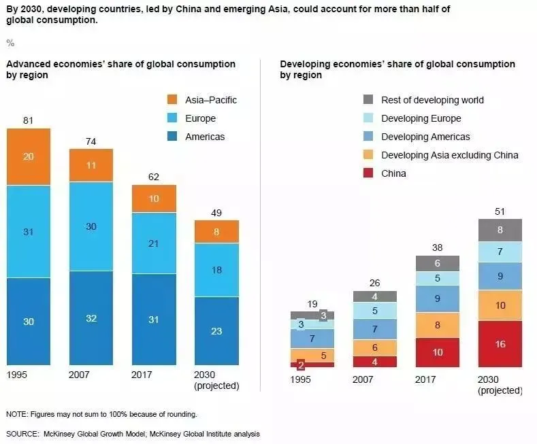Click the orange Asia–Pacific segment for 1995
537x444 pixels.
pyautogui.click(x=29, y=156)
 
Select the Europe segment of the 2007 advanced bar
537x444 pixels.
pyautogui.click(x=91, y=226)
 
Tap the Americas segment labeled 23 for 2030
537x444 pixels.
pyautogui.click(x=216, y=331)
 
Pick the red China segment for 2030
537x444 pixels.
pyautogui.click(x=500, y=343)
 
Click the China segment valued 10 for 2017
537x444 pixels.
pyautogui.click(x=437, y=352)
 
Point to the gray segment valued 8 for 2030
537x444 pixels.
pyautogui.click(x=500, y=230)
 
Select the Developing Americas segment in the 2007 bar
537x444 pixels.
pyautogui.click(x=375, y=330)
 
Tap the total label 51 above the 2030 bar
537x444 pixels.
pyautogui.click(x=500, y=212)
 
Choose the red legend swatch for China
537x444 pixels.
pyautogui.click(x=368, y=173)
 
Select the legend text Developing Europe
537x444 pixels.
pyautogui.click(x=421, y=118)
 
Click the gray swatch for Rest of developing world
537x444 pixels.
pyautogui.click(x=368, y=100)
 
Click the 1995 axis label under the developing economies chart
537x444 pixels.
pyautogui.click(x=300, y=379)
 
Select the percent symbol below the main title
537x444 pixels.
pyautogui.click(x=10, y=43)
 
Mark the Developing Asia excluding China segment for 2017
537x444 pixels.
pyautogui.click(x=437, y=325)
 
